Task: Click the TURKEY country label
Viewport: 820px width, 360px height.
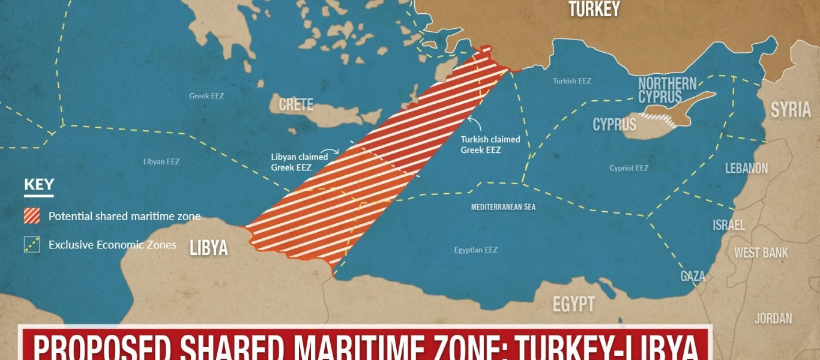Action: click(x=594, y=9)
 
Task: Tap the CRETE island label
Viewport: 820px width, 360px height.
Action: click(x=296, y=104)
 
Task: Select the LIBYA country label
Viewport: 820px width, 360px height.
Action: click(x=208, y=247)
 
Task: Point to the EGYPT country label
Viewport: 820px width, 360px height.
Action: click(x=573, y=304)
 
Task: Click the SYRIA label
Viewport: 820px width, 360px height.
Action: click(x=791, y=110)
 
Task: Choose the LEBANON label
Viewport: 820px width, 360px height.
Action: click(x=746, y=168)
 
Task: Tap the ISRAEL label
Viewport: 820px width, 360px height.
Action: click(x=728, y=225)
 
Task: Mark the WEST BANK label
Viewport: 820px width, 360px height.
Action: click(x=761, y=253)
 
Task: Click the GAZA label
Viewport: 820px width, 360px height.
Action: click(x=693, y=276)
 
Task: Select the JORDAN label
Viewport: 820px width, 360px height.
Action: click(x=773, y=318)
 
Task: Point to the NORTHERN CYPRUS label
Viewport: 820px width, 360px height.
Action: click(x=667, y=90)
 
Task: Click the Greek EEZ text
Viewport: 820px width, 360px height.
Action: click(x=207, y=95)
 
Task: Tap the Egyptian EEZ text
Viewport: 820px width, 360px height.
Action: click(x=475, y=250)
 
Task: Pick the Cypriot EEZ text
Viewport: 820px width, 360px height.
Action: click(x=629, y=168)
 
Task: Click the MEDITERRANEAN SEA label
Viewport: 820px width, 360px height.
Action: click(x=503, y=207)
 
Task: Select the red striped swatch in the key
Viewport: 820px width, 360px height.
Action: click(x=32, y=216)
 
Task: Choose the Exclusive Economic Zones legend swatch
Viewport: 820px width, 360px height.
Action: click(x=32, y=245)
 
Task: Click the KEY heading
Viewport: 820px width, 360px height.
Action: click(x=39, y=185)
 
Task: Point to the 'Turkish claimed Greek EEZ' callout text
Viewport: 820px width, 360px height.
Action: click(x=490, y=145)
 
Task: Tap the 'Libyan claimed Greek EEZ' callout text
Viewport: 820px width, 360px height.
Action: click(x=299, y=162)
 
